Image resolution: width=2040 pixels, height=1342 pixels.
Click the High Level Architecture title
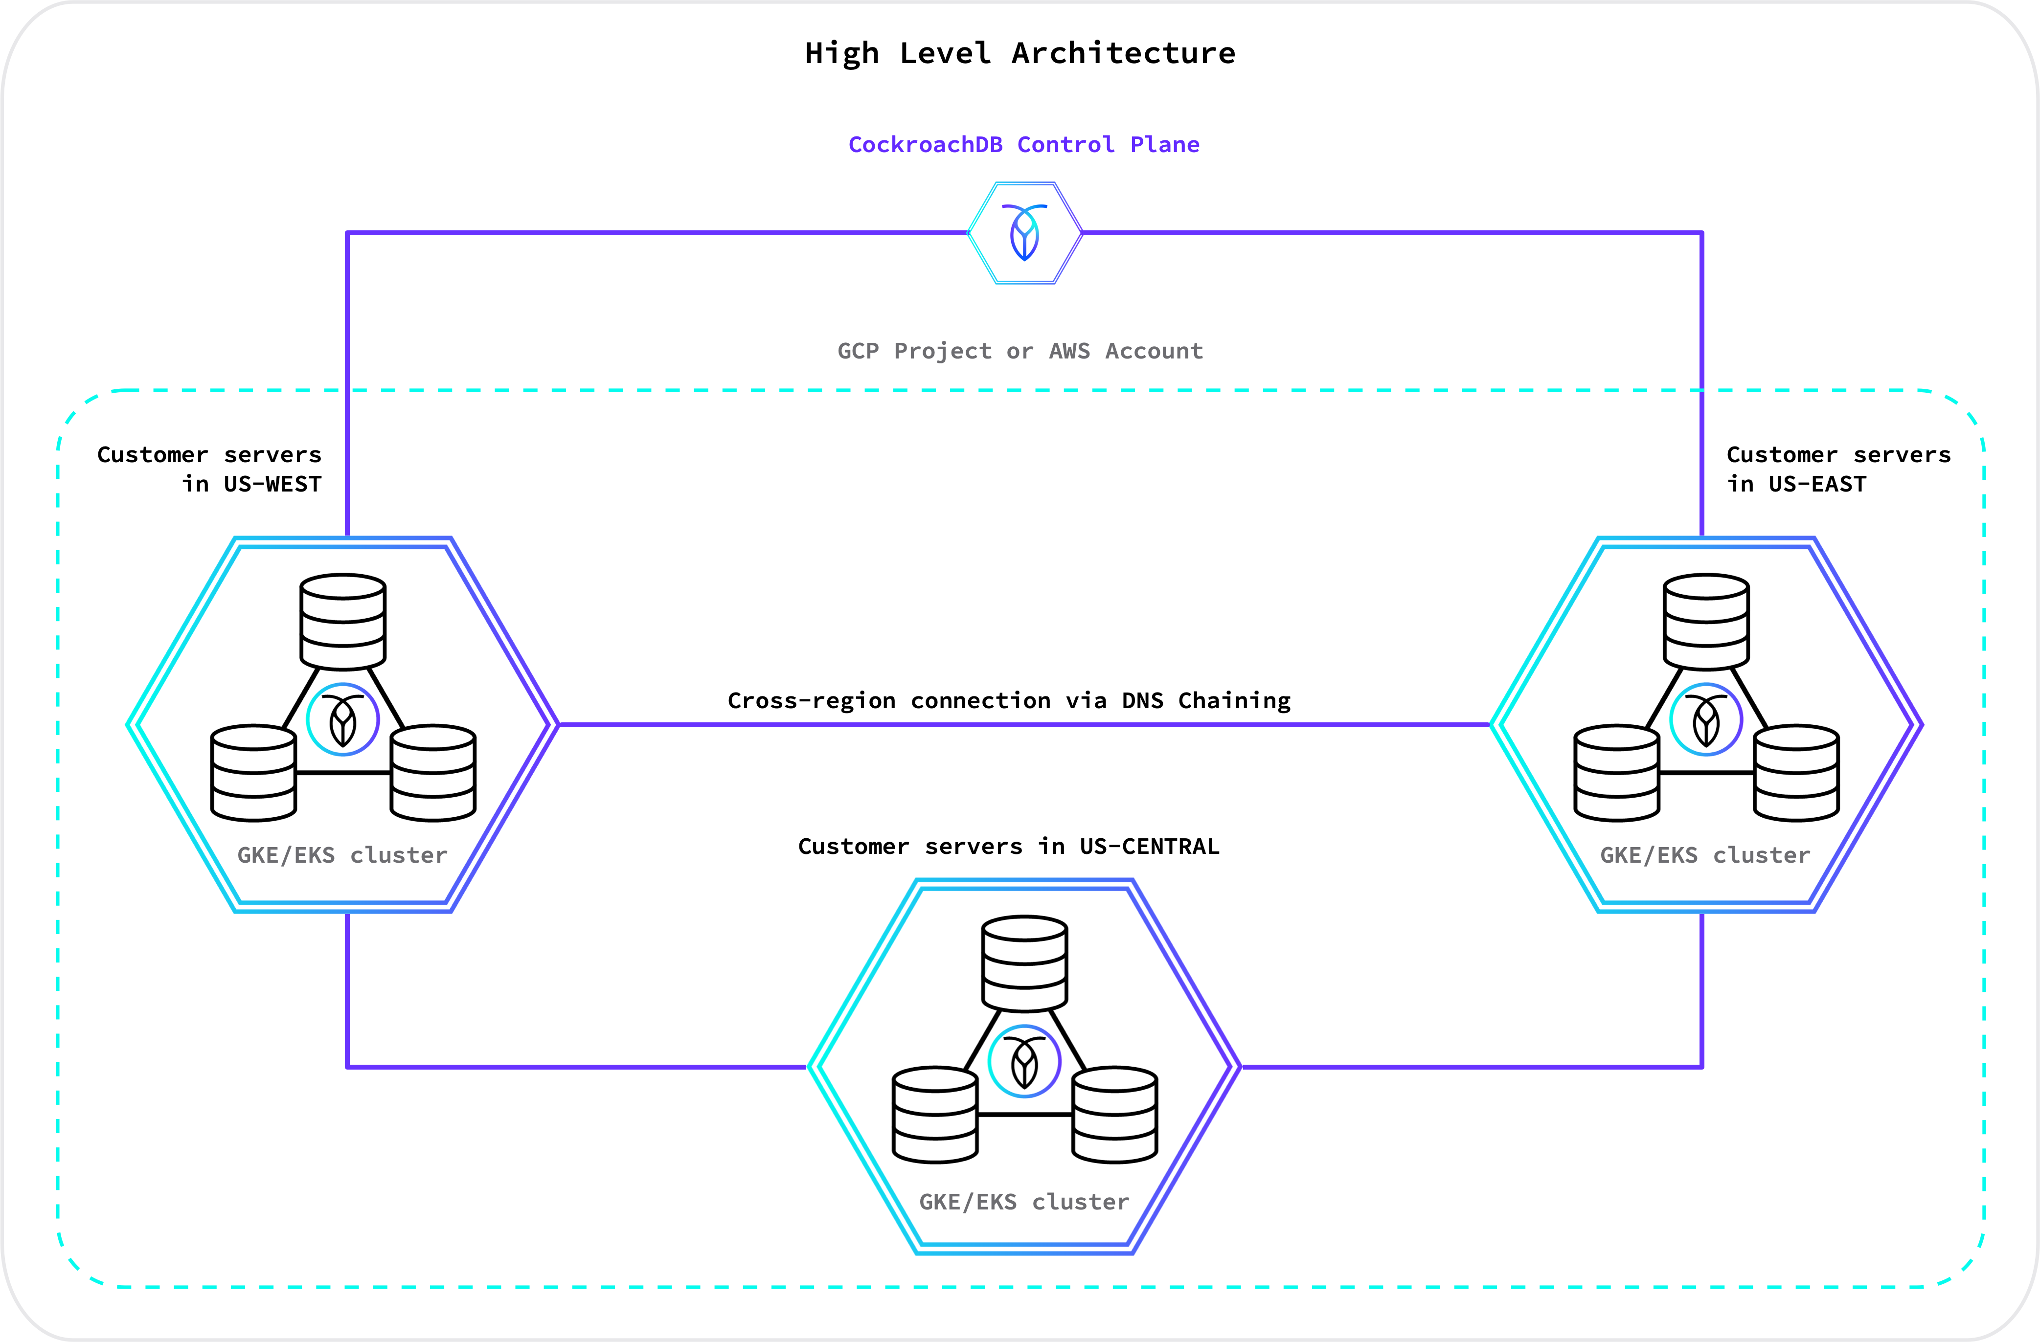click(1020, 53)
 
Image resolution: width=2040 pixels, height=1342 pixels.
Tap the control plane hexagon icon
click(1024, 232)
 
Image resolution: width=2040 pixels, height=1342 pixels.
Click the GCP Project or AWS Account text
click(1020, 351)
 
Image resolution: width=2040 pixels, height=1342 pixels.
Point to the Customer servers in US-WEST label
click(209, 469)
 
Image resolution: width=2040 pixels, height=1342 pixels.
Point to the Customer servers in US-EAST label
click(1838, 469)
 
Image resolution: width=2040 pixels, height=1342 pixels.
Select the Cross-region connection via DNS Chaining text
click(1009, 700)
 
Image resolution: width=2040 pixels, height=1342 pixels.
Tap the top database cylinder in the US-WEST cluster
click(343, 621)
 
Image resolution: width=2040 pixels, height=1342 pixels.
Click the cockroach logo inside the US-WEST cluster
click(343, 720)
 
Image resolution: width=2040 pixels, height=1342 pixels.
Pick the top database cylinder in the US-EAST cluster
click(1706, 621)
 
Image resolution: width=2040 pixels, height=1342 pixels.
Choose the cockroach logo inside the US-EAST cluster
click(1706, 720)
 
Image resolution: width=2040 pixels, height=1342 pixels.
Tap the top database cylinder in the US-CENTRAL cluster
click(1024, 963)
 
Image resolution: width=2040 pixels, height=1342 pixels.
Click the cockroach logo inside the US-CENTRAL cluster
click(1024, 1061)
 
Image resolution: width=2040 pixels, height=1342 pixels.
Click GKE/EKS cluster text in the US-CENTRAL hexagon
click(1024, 1202)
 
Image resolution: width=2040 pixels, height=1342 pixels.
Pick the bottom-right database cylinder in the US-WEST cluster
click(433, 773)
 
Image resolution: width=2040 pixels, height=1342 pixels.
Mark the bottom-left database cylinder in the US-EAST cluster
click(1616, 773)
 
